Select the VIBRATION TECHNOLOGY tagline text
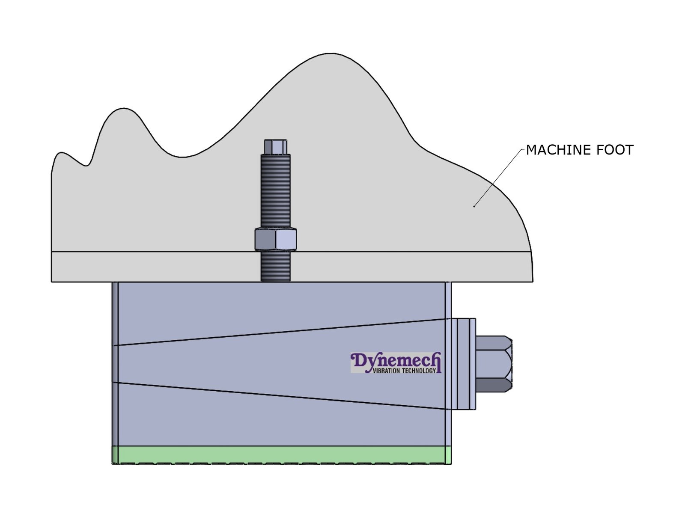coord(404,371)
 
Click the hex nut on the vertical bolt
coord(275,240)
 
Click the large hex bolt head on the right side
coord(494,364)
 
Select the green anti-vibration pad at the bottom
coord(281,455)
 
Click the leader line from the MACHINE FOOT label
coord(499,178)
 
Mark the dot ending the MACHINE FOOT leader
coord(474,207)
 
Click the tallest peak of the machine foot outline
coord(331,54)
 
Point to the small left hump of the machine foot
coord(124,109)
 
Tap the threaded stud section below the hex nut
coord(275,266)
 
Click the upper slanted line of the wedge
coord(278,332)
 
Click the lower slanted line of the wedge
coord(278,396)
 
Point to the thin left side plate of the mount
coord(115,364)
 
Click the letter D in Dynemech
coord(358,361)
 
